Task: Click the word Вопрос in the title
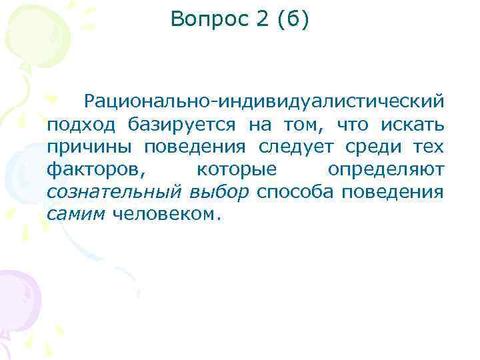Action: coord(208,20)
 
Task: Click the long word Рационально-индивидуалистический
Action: coord(263,102)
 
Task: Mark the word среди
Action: coord(377,147)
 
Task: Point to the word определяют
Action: coord(385,170)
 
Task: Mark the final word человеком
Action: coord(165,215)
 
